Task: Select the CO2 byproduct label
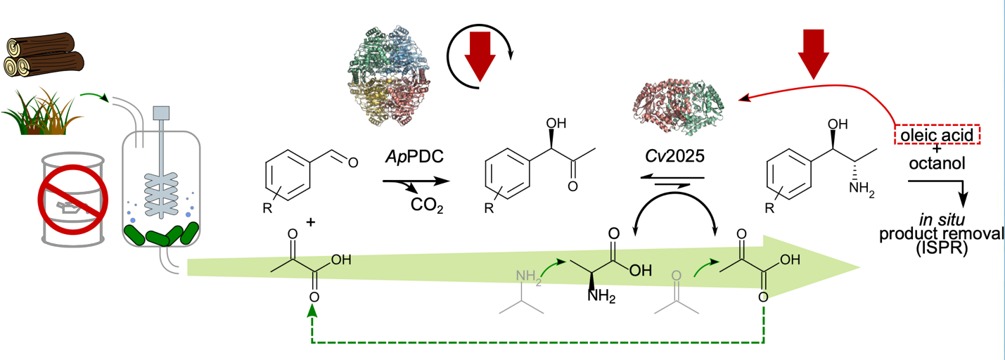pos(427,205)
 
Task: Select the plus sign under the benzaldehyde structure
pos(310,223)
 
